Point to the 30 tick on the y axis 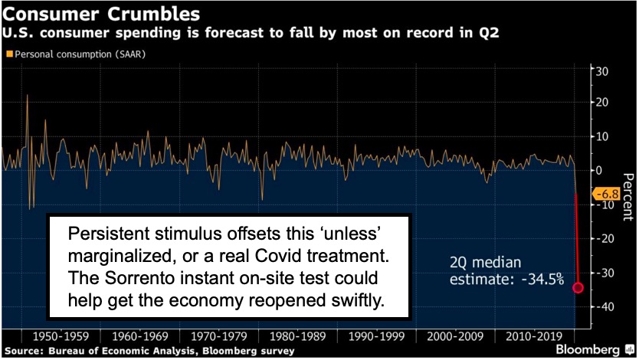pos(603,70)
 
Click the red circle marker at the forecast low pos(578,288)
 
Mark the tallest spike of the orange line pos(28,95)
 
